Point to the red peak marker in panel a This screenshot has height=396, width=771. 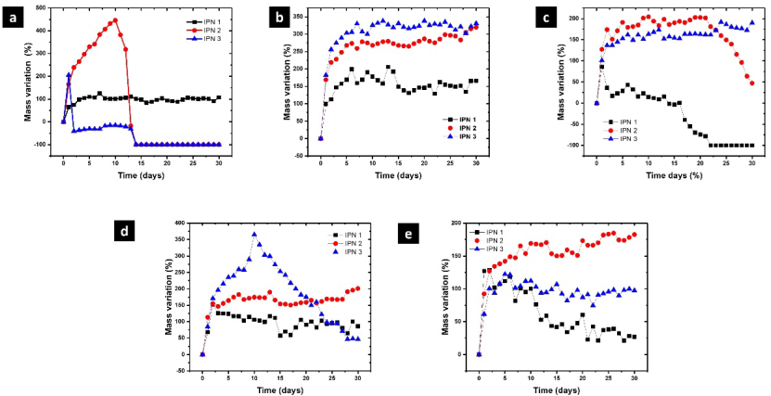coord(115,20)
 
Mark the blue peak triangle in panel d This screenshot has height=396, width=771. coord(254,234)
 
